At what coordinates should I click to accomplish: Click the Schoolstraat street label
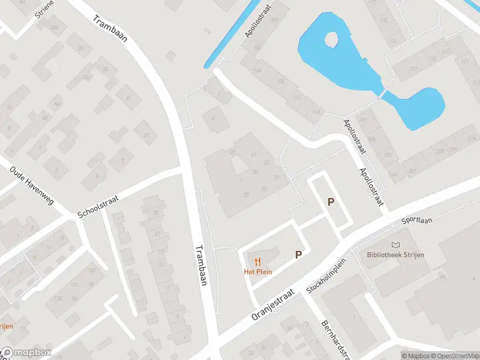coord(100,206)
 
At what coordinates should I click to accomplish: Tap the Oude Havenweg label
coord(32,185)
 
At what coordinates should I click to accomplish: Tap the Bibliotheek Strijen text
coord(395,255)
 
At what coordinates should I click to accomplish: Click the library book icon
coord(395,245)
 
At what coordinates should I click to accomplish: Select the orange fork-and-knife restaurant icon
coord(258,261)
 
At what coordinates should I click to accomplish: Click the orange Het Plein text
coord(258,272)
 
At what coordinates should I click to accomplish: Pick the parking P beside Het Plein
coord(298,255)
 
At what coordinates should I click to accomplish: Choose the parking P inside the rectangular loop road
coord(330,202)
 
